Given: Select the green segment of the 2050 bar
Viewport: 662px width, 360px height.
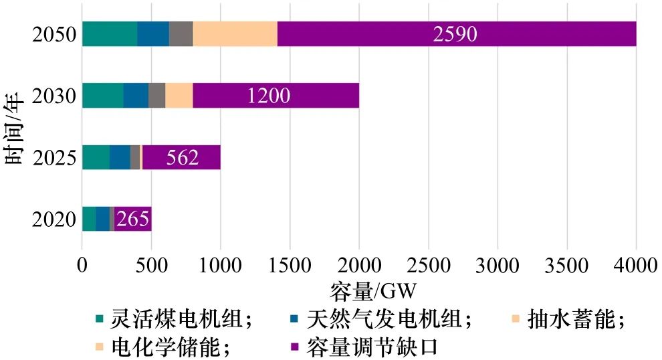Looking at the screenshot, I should (110, 34).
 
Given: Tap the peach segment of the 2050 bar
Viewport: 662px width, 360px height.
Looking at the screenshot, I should (235, 34).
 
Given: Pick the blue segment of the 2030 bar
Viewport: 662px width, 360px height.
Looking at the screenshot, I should (136, 96).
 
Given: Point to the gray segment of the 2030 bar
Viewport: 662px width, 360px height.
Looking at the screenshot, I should (156, 96).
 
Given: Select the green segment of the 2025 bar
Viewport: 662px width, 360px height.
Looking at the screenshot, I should (96, 157).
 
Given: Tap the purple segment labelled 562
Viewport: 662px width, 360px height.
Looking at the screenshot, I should (181, 157).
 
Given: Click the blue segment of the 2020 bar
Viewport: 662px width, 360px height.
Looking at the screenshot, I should (102, 219).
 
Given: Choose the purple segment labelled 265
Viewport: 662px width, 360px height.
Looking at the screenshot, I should (132, 219).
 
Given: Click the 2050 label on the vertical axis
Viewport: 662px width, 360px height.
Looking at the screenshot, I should (54, 34).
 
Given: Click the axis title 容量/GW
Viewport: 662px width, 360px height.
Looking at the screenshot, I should (373, 292).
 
